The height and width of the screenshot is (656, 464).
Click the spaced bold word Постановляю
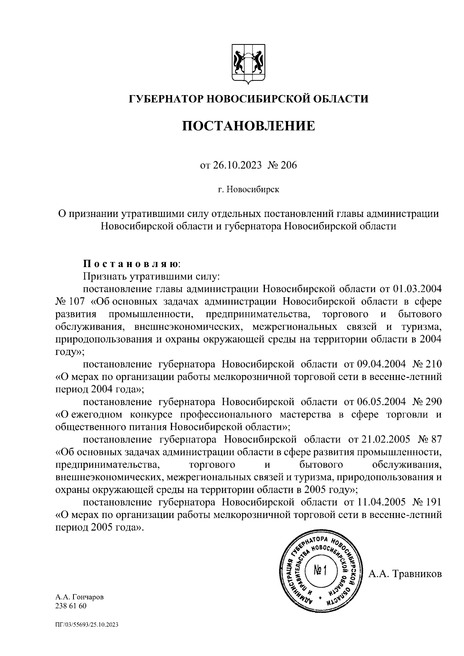point(131,264)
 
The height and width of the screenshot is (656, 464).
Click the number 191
point(434,502)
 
